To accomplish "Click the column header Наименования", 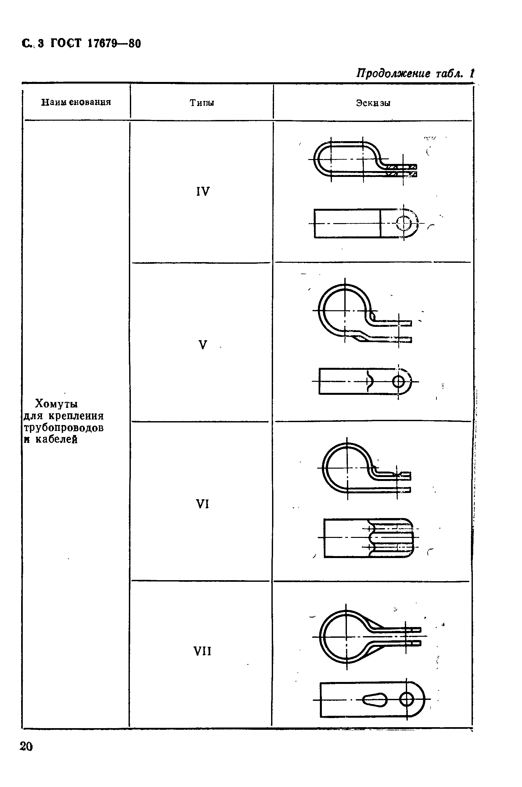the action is pyautogui.click(x=76, y=102).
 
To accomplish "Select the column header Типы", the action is pyautogui.click(x=202, y=103).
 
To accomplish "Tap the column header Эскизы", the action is pyautogui.click(x=373, y=103).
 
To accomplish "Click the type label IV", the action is pyautogui.click(x=203, y=192).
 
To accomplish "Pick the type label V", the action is pyautogui.click(x=203, y=345).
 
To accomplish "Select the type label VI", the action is pyautogui.click(x=202, y=504).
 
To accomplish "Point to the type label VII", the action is pyautogui.click(x=202, y=651).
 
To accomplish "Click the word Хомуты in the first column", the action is pyautogui.click(x=57, y=404).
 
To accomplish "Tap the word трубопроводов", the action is pyautogui.click(x=63, y=428).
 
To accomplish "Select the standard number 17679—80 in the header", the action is pyautogui.click(x=114, y=44).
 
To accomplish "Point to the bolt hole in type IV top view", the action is pyautogui.click(x=404, y=223).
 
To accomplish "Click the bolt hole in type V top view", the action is pyautogui.click(x=398, y=381).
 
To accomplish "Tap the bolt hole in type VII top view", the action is pyautogui.click(x=406, y=700).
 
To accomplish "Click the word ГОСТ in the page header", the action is pyautogui.click(x=66, y=44).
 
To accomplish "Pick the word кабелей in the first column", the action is pyautogui.click(x=57, y=439).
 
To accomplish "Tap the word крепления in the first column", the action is pyautogui.click(x=76, y=416).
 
